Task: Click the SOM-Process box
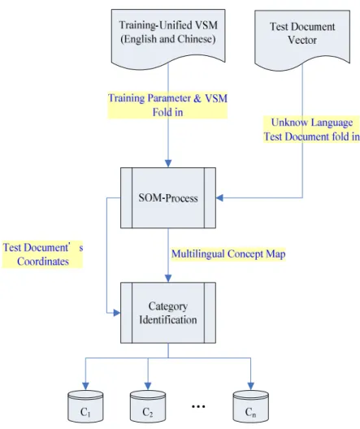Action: tap(168, 197)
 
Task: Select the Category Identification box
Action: tap(168, 313)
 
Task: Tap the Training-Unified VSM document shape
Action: tap(168, 38)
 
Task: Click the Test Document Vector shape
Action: tap(302, 40)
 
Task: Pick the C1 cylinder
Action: tap(85, 406)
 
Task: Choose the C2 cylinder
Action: tap(148, 406)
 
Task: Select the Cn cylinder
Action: tap(251, 406)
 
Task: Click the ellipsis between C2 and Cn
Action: tap(198, 406)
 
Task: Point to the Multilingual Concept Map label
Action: tap(228, 253)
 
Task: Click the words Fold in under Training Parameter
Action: tap(167, 112)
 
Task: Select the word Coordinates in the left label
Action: tap(43, 262)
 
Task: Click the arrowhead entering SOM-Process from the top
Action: tap(168, 163)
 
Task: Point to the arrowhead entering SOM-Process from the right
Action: tap(219, 197)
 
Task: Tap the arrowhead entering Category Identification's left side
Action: tap(117, 313)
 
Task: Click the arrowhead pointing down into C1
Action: tap(85, 386)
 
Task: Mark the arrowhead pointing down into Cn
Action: tap(251, 386)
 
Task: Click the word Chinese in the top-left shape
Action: tap(195, 39)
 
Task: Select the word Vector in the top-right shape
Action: tap(302, 40)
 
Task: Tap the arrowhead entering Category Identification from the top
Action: tap(168, 278)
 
